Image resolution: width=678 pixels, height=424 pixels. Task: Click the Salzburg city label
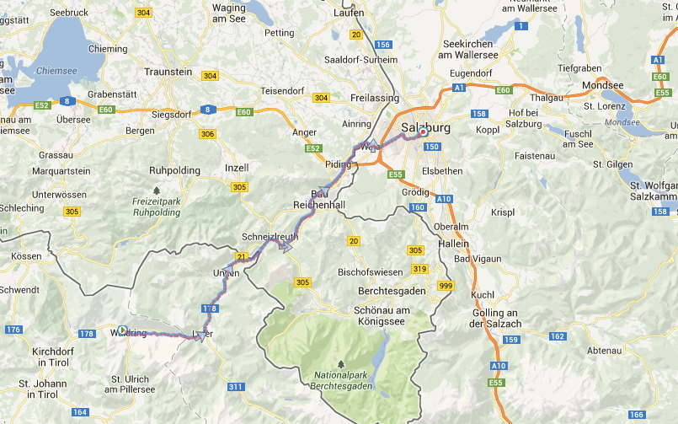tap(426, 128)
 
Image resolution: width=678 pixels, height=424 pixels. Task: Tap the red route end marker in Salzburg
tap(422, 132)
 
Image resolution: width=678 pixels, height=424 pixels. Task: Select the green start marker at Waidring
tap(123, 330)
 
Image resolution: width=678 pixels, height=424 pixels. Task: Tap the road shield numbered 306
tap(207, 134)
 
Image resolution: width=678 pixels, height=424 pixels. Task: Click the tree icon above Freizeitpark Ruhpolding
tap(156, 191)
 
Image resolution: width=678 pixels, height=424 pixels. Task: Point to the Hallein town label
tap(451, 244)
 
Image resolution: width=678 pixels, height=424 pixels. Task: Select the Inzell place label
tap(237, 168)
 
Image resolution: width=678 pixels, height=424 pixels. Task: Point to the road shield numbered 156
tap(384, 45)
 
